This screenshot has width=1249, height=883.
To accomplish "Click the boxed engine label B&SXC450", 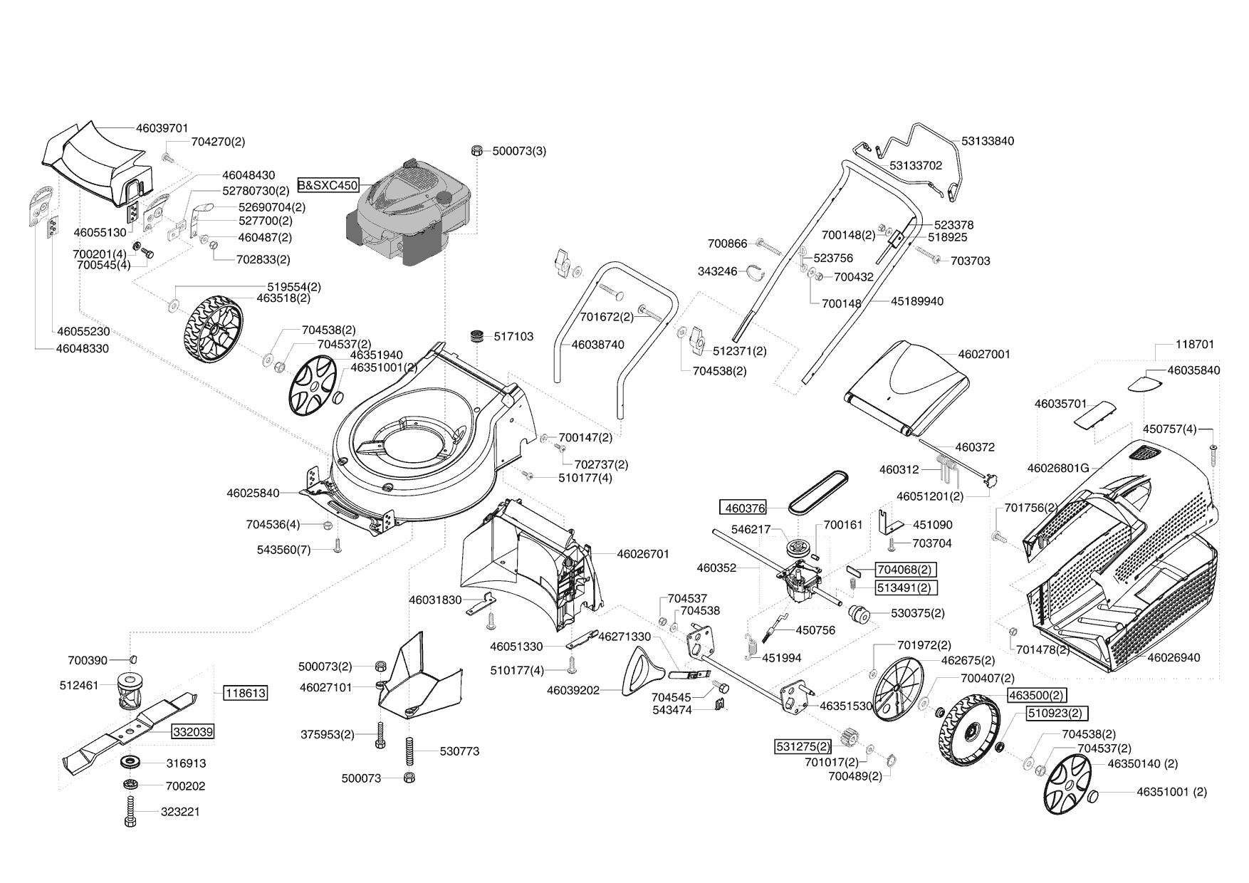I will [x=328, y=185].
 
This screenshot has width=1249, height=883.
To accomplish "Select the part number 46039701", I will [x=162, y=128].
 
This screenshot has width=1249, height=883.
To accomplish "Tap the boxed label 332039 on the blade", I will [x=192, y=731].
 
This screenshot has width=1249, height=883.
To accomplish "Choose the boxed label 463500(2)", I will [x=1036, y=695].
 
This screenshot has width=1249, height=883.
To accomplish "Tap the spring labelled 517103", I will [x=476, y=335].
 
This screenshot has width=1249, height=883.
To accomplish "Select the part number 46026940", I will [x=1174, y=657].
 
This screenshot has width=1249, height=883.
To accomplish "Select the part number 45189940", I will [x=916, y=301].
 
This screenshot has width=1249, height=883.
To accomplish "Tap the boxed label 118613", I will [x=245, y=693].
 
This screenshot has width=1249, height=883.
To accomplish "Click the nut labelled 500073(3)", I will [x=476, y=151].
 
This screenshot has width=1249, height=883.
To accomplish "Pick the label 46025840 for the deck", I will [x=253, y=493].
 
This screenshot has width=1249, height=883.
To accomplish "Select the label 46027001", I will [x=983, y=354].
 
